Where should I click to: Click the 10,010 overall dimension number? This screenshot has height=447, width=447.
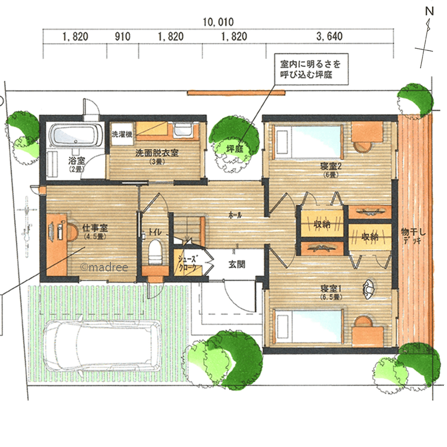pos(218,22)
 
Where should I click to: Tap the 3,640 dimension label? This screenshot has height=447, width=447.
pos(329,37)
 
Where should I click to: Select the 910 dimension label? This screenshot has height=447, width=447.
pos(122,37)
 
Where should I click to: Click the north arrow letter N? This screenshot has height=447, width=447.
pos(429,12)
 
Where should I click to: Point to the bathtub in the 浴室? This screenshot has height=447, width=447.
pos(76,135)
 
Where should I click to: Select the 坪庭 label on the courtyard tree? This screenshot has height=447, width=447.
pos(234,149)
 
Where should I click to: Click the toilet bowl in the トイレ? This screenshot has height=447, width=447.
pos(156,252)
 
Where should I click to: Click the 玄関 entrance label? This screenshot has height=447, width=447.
pos(237,264)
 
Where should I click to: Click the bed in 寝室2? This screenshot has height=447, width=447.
pos(308,142)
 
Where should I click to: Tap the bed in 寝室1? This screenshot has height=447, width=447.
pos(308,326)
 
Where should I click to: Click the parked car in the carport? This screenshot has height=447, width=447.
pos(102,345)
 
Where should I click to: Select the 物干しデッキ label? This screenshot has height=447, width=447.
pos(413,236)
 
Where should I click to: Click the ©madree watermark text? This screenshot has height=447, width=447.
pos(104,267)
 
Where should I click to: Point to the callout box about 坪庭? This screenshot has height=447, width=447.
pos(311,69)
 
